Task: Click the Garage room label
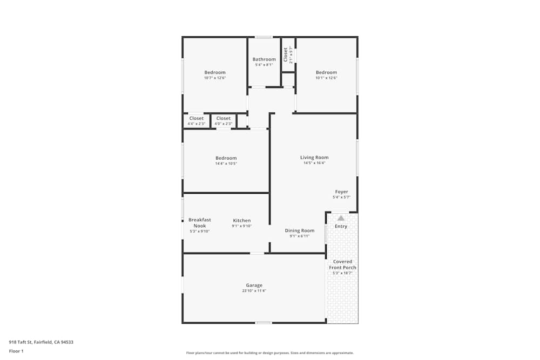click(254, 285)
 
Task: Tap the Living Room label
click(314, 158)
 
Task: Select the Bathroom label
click(264, 59)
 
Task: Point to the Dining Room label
click(300, 230)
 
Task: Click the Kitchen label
click(242, 220)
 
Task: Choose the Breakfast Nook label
click(200, 222)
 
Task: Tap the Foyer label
click(341, 192)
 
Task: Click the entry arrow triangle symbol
click(341, 218)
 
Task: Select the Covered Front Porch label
click(343, 264)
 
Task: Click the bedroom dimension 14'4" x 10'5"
click(226, 164)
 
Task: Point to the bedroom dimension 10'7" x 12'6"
click(215, 78)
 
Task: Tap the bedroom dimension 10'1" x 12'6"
click(327, 78)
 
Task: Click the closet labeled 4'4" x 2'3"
click(197, 118)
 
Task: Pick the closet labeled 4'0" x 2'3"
click(224, 118)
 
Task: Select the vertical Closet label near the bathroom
click(286, 54)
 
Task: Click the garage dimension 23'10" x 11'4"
click(254, 291)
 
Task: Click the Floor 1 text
click(16, 351)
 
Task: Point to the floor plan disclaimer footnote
click(270, 353)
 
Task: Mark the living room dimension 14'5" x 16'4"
click(314, 163)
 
